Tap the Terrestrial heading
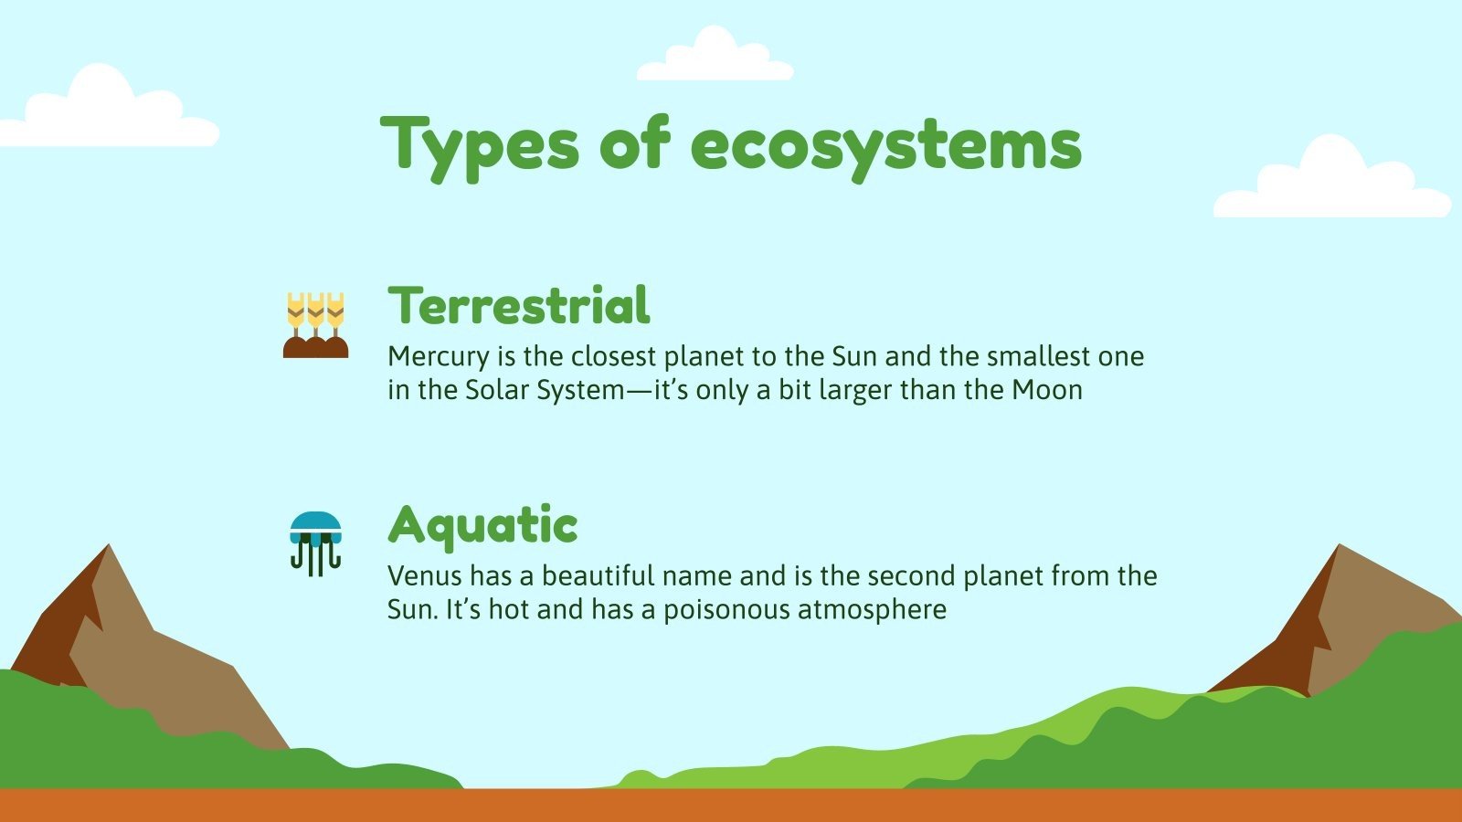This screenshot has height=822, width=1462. (x=519, y=306)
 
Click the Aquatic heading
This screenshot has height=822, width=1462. (x=482, y=525)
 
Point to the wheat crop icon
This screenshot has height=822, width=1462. (x=315, y=325)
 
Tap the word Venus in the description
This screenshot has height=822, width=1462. (x=424, y=576)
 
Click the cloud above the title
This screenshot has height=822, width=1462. (x=715, y=57)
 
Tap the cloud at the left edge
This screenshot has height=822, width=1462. (x=105, y=110)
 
